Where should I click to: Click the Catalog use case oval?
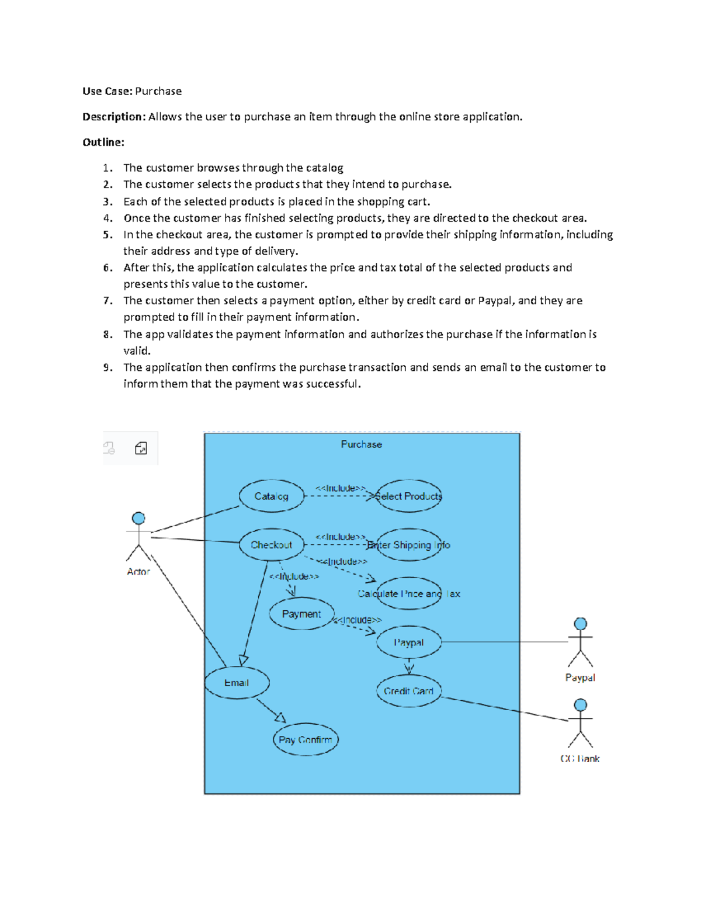point(272,496)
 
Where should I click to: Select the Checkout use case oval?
point(272,545)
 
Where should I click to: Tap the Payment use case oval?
point(301,614)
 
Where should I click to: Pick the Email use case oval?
point(237,683)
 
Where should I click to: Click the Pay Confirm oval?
point(306,740)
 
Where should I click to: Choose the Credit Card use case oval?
point(408,691)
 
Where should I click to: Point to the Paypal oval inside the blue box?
point(408,642)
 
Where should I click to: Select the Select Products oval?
point(408,496)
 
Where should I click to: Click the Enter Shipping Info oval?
point(409,545)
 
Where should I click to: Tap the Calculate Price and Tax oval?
point(409,594)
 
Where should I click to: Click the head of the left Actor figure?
point(138,518)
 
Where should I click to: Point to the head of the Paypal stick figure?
point(580,624)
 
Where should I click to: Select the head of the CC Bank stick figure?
point(580,705)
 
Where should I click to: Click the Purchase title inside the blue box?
point(361,444)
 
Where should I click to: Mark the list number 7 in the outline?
point(107,301)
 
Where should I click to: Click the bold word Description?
point(113,117)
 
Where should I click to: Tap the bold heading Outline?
point(103,143)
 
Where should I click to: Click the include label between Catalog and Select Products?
point(341,488)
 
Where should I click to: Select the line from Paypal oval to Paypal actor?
point(505,642)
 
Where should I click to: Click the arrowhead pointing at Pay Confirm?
point(281,718)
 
